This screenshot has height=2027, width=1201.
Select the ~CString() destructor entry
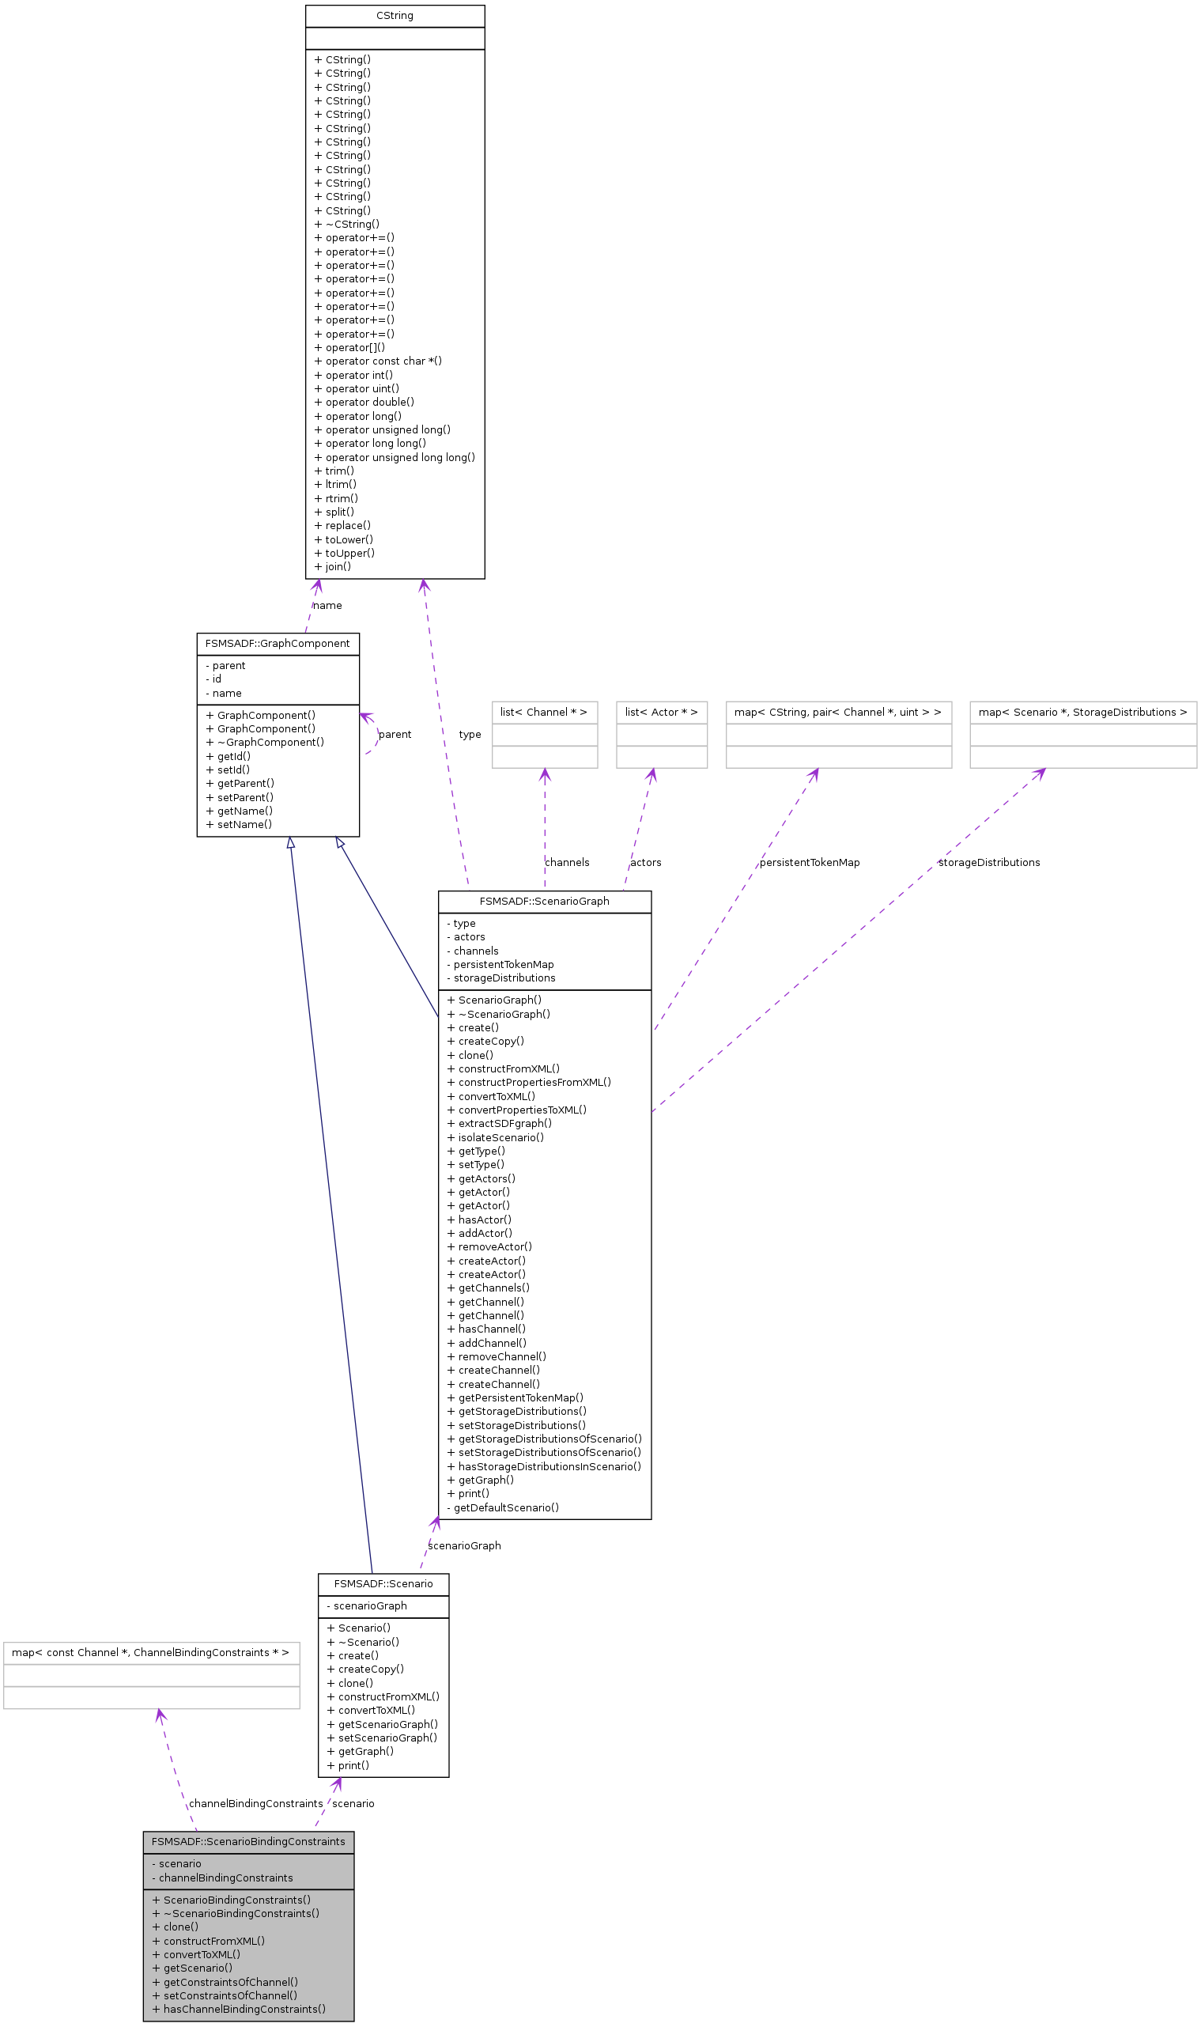346,225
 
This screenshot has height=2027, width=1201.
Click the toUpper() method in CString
344,553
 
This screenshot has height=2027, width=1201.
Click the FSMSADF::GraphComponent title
278,644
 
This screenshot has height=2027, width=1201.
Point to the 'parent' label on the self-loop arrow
395,734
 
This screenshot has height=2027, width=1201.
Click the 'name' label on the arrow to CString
327,606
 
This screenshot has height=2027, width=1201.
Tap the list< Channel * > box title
544,713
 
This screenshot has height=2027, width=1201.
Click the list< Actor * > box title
661,713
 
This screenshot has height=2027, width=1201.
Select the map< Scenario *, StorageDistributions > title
1082,713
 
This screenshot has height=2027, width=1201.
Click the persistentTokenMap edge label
810,862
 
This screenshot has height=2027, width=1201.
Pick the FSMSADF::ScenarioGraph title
544,901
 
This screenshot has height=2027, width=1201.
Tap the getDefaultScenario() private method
503,1507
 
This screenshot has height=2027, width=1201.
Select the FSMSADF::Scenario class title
383,1583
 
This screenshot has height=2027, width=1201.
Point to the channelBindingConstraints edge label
255,1802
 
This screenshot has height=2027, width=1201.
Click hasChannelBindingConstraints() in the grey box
239,2008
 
